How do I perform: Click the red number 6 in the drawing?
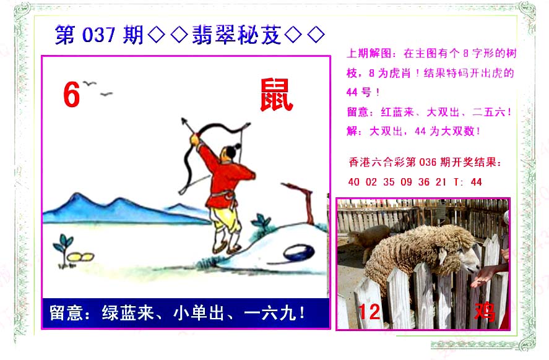coord(72,94)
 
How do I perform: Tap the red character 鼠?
coord(276,95)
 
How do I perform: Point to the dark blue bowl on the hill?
coord(300,252)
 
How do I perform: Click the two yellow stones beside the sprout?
coord(81,257)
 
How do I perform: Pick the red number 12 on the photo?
coord(369,312)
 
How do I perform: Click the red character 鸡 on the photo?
coord(485,312)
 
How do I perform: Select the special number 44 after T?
coord(477,182)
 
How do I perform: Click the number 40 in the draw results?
coord(353,182)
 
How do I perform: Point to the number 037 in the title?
coord(98,35)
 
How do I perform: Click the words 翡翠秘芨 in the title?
coord(236,35)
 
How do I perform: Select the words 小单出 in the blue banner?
coord(199,313)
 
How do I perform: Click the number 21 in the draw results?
coord(441,182)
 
